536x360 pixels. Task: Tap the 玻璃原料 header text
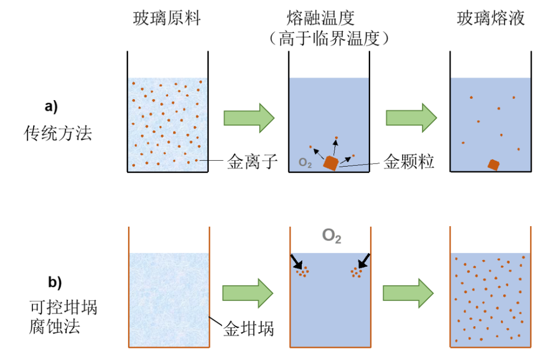click(x=164, y=19)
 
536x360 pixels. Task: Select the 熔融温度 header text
click(x=329, y=19)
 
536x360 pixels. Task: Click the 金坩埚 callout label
click(x=249, y=329)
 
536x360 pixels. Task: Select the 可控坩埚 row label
click(x=64, y=308)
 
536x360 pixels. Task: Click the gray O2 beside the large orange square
click(x=305, y=163)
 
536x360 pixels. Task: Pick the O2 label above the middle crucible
click(x=332, y=236)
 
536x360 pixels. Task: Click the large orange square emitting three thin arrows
click(x=331, y=163)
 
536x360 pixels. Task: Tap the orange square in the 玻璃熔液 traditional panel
click(x=493, y=165)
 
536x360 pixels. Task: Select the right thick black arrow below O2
click(x=363, y=260)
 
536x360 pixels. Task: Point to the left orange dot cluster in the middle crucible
click(x=302, y=271)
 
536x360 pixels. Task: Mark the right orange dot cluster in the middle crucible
click(x=356, y=272)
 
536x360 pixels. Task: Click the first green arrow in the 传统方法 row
click(x=249, y=118)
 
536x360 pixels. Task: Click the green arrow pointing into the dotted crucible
click(x=408, y=293)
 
